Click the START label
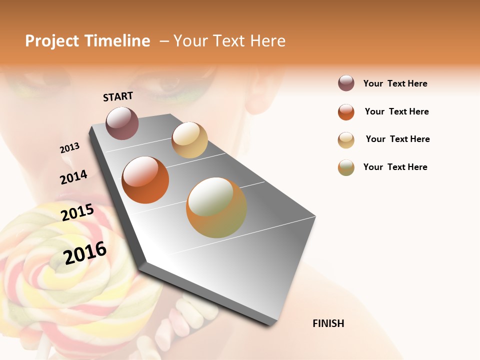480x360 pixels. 118,96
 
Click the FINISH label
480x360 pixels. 328,323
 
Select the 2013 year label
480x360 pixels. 69,148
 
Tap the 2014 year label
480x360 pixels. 73,177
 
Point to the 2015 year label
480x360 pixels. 77,212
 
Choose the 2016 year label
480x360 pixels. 85,252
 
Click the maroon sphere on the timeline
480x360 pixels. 122,123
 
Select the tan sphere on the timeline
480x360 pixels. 189,140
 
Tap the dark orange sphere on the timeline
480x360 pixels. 145,180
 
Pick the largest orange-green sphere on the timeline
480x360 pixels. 216,207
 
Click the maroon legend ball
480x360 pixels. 346,83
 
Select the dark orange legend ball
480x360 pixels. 346,112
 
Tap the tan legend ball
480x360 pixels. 346,140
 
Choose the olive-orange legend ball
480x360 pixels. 346,167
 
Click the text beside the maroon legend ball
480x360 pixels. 395,83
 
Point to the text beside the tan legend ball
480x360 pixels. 397,139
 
